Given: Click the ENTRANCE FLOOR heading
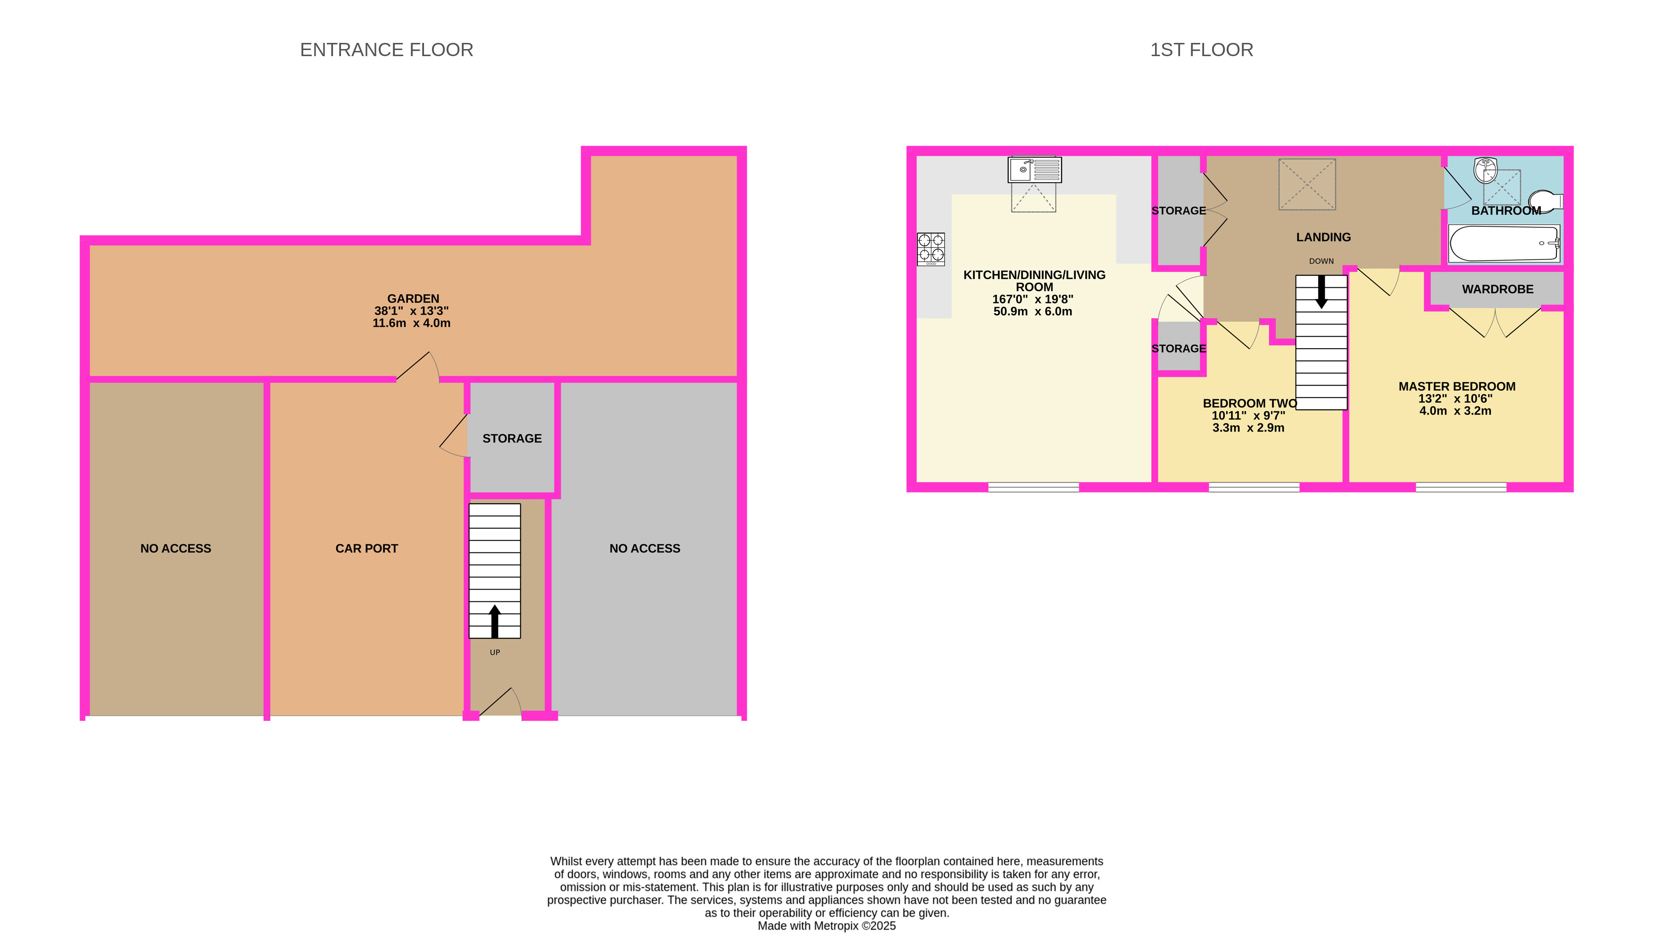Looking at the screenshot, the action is click(x=387, y=50).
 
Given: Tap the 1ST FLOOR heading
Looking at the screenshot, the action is click(x=1201, y=50).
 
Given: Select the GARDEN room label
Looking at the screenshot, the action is click(x=413, y=299).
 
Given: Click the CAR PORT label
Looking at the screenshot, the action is click(x=366, y=549).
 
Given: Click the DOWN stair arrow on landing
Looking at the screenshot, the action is click(x=1322, y=292).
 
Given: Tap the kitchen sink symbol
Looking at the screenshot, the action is click(x=1034, y=170).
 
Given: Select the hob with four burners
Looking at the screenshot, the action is click(x=931, y=249).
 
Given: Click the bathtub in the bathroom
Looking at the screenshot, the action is click(x=1504, y=243).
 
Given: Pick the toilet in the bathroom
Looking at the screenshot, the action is click(x=1546, y=201).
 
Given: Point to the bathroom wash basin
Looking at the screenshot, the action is click(x=1486, y=170).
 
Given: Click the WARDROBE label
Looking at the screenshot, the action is click(x=1497, y=289).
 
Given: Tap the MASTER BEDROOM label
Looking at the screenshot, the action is click(x=1457, y=387).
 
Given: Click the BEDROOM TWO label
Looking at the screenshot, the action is click(x=1249, y=403).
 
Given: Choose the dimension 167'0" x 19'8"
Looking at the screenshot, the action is click(x=1032, y=299).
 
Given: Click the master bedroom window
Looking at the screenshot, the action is click(x=1461, y=487).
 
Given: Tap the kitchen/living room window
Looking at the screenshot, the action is click(x=1033, y=487).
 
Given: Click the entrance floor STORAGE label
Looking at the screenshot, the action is click(x=512, y=439).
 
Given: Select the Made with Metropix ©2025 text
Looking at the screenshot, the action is click(x=826, y=925).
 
